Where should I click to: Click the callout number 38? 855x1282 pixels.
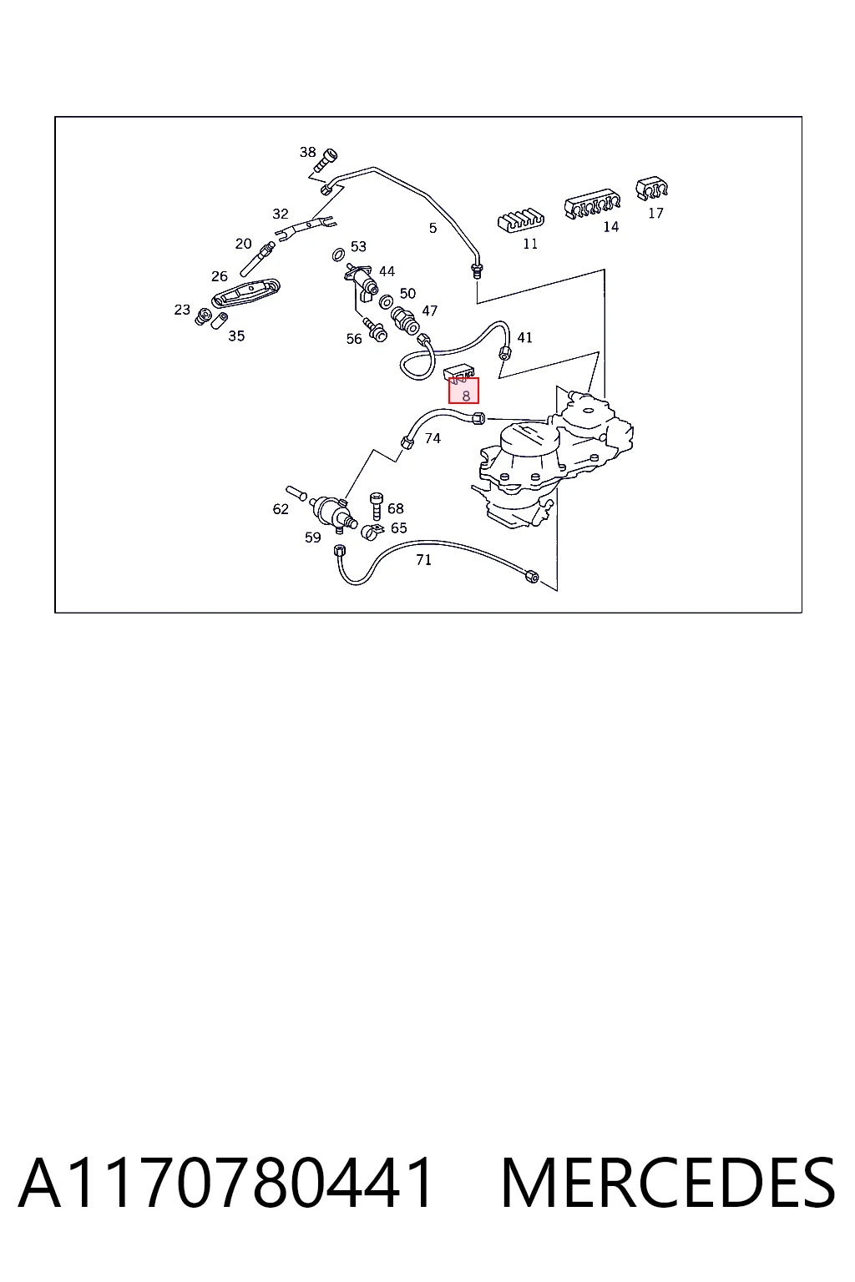pos(307,152)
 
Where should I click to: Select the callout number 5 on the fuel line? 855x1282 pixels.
pos(433,228)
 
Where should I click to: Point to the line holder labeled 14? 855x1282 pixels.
pos(592,204)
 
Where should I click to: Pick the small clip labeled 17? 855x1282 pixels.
pos(651,189)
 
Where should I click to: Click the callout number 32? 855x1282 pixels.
pos(280,214)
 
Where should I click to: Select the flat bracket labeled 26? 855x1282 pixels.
pos(245,293)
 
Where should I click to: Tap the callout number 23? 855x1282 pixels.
pos(182,310)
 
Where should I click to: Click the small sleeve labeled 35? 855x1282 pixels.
pos(220,320)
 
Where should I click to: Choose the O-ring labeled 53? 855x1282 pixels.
pos(338,254)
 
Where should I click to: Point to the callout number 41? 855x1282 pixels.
pos(524,338)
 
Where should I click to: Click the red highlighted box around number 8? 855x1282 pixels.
pos(463,391)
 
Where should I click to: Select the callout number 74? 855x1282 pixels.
pos(433,438)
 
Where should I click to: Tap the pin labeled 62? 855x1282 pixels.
pos(296,493)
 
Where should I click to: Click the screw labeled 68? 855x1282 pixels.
pos(377,506)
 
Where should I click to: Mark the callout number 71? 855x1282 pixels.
pos(424,560)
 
